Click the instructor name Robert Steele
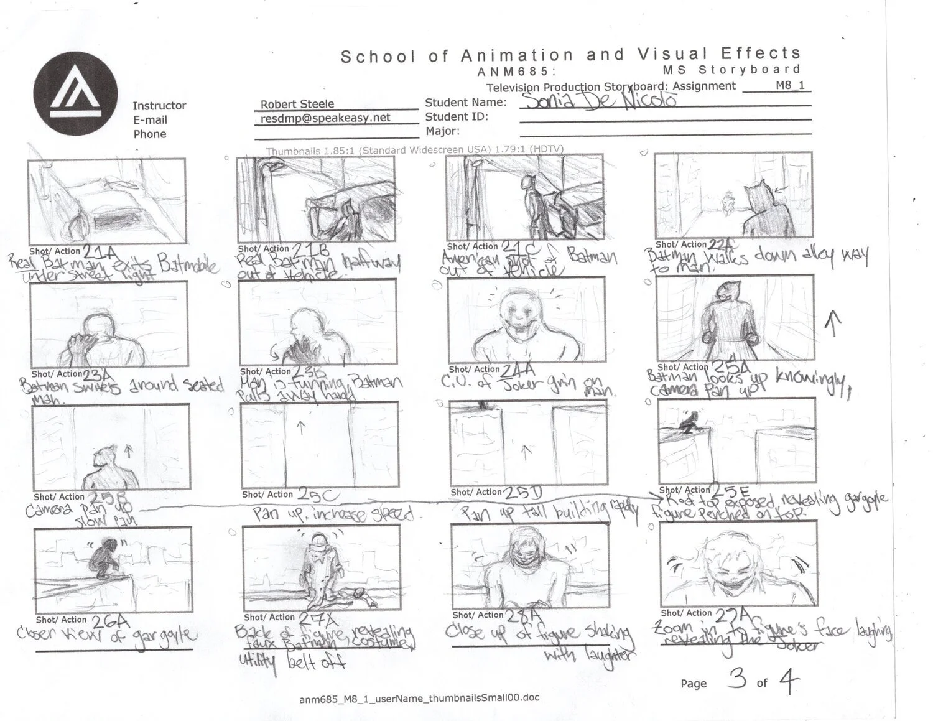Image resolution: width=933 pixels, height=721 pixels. pyautogui.click(x=297, y=104)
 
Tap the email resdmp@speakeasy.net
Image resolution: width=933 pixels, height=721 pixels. pyautogui.click(x=325, y=118)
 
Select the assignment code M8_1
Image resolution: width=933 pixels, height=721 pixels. pyautogui.click(x=790, y=85)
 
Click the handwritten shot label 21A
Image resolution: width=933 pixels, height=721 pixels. pyautogui.click(x=100, y=252)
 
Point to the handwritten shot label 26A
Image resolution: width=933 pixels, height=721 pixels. pyautogui.click(x=109, y=620)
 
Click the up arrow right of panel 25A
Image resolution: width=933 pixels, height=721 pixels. pyautogui.click(x=833, y=325)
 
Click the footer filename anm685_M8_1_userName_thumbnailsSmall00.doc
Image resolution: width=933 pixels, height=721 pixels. pyautogui.click(x=419, y=698)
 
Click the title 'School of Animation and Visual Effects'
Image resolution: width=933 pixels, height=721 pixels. pyautogui.click(x=570, y=55)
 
